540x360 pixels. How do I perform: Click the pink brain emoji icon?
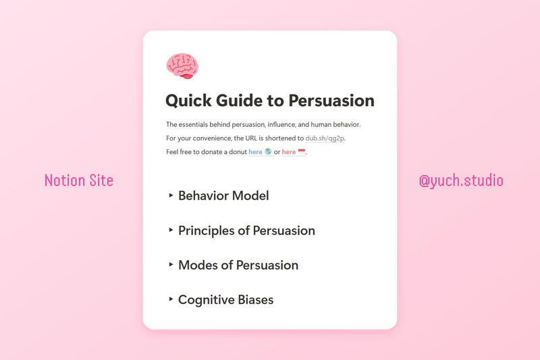point(182,67)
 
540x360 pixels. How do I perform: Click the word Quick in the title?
point(188,101)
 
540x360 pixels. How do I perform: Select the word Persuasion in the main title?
point(331,101)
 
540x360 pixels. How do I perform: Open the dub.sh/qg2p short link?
point(325,138)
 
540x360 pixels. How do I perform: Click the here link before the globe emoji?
point(255,152)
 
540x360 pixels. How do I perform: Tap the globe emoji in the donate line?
point(268,152)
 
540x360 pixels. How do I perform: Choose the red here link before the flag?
point(289,152)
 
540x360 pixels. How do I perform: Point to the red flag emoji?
point(302,152)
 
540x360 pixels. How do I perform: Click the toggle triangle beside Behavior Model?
point(171,195)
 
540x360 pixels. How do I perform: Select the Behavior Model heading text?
point(223,196)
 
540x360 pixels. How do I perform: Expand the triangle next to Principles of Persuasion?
point(171,230)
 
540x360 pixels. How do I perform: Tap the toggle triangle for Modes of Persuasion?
point(171,265)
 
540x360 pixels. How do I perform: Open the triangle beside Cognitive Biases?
point(171,299)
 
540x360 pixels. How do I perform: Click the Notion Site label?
point(79,180)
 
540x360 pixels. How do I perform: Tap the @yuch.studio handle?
point(461,181)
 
